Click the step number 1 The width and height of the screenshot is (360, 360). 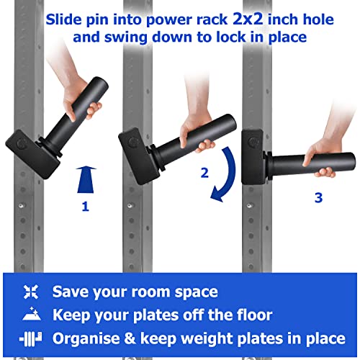(86, 207)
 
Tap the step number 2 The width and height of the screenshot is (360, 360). (205, 172)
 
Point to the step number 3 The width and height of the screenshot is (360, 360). (318, 197)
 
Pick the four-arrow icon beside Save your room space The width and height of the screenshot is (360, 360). (30, 292)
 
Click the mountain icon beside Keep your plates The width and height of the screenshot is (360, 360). (30, 314)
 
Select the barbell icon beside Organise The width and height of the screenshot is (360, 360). (30, 337)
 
